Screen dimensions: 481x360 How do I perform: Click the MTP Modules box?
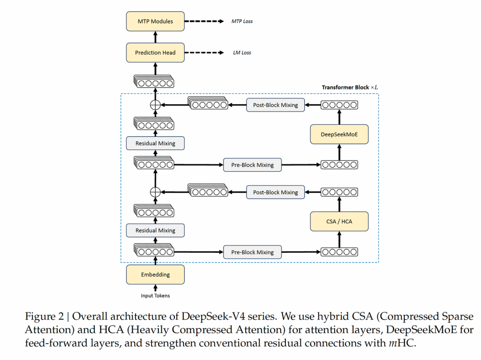tap(155, 21)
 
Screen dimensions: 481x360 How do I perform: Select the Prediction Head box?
tap(155, 53)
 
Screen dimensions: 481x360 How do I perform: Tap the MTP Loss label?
tap(242, 21)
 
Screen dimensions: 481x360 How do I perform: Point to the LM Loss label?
tap(242, 53)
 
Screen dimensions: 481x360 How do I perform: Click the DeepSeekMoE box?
tap(339, 134)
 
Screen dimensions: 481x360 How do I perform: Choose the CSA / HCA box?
tap(339, 222)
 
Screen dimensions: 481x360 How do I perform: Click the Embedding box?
tap(155, 275)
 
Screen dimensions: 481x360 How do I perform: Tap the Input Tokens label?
tap(155, 295)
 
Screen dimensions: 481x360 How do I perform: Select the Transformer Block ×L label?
tap(350, 87)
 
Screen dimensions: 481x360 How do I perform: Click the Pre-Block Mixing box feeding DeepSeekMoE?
tap(253, 165)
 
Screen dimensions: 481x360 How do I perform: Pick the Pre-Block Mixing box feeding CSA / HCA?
tap(253, 252)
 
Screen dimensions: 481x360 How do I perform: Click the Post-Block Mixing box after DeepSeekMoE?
tap(276, 105)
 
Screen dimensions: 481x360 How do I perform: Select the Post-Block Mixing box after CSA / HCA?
tap(276, 192)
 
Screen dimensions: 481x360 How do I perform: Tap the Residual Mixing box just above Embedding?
tap(155, 231)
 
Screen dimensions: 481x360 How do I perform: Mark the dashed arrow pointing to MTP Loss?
tap(204, 21)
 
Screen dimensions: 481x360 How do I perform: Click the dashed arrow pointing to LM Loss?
tap(204, 53)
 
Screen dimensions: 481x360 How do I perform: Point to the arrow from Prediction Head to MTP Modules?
tap(155, 37)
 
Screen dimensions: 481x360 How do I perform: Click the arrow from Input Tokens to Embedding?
tap(155, 288)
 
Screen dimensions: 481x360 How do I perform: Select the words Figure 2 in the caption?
tap(45, 316)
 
